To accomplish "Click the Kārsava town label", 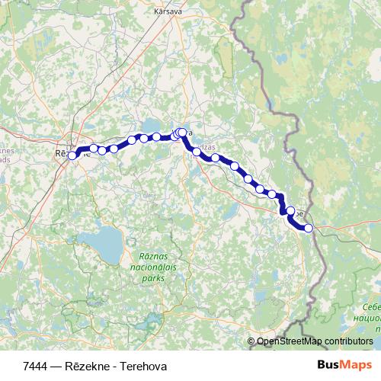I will pos(168,12).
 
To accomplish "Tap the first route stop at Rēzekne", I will pos(72,155).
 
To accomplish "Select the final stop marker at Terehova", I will pos(309,228).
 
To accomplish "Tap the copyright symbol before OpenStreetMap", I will pos(251,342).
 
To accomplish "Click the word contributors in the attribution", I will pos(347,342).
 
